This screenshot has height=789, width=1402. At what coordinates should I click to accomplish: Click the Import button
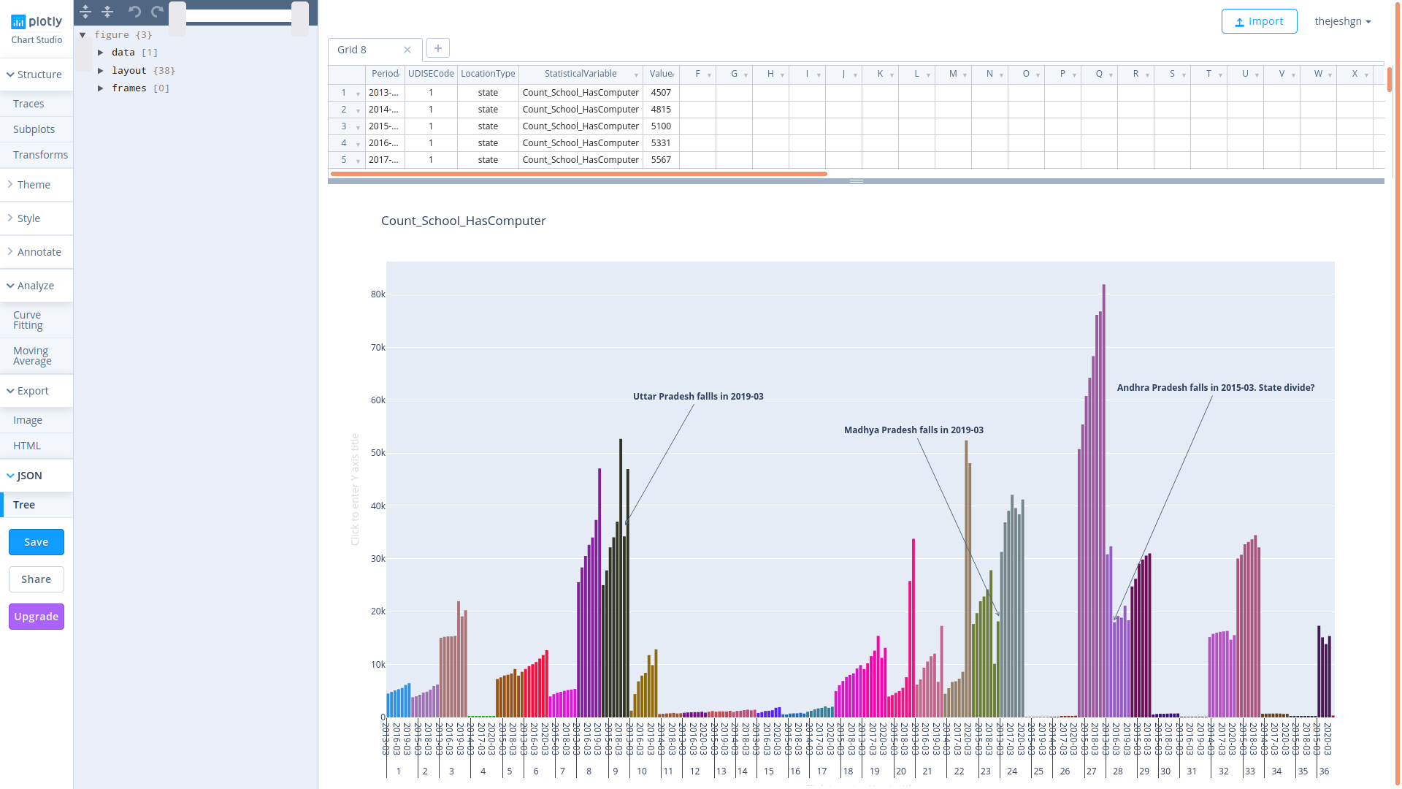point(1259,21)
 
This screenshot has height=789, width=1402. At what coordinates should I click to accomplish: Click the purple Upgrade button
point(37,617)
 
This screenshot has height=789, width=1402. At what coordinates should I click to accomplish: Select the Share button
point(37,579)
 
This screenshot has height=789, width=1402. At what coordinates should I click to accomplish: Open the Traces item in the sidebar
point(28,104)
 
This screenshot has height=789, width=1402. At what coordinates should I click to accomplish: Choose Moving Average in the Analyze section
point(32,356)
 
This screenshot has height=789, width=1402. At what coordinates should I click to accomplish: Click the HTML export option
point(27,446)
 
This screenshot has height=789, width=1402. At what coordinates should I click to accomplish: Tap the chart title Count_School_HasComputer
point(463,221)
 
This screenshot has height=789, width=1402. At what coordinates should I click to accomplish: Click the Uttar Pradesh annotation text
point(697,397)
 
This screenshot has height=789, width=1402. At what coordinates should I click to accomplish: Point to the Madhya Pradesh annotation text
point(913,430)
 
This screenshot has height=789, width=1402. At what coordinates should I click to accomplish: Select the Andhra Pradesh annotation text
point(1215,388)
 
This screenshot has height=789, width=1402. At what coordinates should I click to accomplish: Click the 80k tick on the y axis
point(378,294)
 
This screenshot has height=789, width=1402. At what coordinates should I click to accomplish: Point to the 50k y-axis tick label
point(378,453)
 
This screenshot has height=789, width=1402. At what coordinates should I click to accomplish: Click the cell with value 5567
point(661,160)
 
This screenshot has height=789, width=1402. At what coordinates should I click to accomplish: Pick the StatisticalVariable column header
point(581,74)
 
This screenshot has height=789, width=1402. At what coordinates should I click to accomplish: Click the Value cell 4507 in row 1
point(661,93)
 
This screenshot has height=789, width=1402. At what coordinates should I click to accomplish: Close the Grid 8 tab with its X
point(407,50)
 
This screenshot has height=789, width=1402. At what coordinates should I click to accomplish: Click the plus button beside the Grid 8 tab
point(438,48)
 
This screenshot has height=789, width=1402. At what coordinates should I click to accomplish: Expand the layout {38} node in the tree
point(101,71)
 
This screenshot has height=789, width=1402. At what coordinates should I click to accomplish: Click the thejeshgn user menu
point(1342,21)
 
